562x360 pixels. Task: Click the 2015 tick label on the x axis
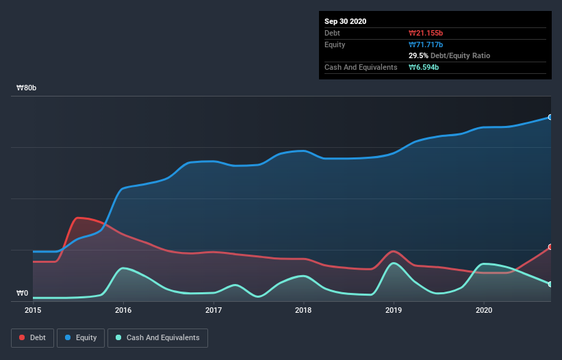pyautogui.click(x=33, y=310)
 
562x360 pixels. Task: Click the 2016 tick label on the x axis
pyautogui.click(x=123, y=310)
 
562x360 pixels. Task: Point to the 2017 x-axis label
pyautogui.click(x=214, y=310)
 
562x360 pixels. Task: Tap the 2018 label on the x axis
pyautogui.click(x=304, y=310)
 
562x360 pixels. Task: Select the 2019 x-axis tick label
pyautogui.click(x=394, y=310)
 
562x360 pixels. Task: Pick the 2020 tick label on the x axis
pyautogui.click(x=484, y=310)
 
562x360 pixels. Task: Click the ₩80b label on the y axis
pyautogui.click(x=27, y=88)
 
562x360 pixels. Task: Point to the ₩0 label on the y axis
pyautogui.click(x=23, y=294)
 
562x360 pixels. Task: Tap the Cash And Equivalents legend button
pyautogui.click(x=157, y=337)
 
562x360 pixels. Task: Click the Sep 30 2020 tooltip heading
pyautogui.click(x=346, y=21)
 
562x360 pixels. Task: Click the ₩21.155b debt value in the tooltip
pyautogui.click(x=426, y=33)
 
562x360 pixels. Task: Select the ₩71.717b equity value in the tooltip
pyautogui.click(x=426, y=44)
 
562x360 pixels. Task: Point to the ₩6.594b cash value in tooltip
pyautogui.click(x=424, y=67)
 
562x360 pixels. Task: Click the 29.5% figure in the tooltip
pyautogui.click(x=418, y=55)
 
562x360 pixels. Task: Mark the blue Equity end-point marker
pyautogui.click(x=550, y=117)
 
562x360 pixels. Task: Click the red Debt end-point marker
pyautogui.click(x=550, y=247)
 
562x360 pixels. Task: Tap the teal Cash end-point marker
pyautogui.click(x=550, y=284)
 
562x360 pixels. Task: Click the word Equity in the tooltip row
pyautogui.click(x=335, y=44)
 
